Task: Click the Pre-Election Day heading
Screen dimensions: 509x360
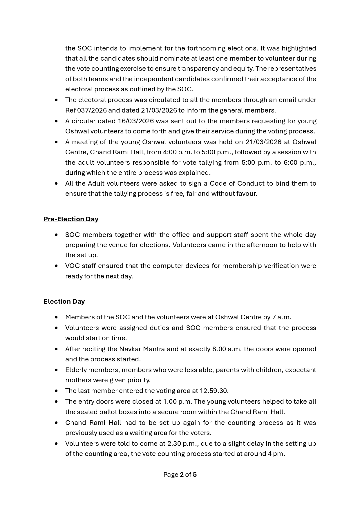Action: [x=71, y=219]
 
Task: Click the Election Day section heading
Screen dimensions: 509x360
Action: [x=64, y=301]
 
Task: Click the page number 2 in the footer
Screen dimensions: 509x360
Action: [x=182, y=474]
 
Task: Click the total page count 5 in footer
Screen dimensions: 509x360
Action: [x=195, y=474]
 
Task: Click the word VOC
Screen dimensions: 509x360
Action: [x=73, y=266]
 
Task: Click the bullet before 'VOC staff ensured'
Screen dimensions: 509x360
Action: [x=56, y=266]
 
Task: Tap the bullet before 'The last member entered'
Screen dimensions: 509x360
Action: [x=56, y=391]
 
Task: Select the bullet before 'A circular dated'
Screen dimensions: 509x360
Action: [x=56, y=121]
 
